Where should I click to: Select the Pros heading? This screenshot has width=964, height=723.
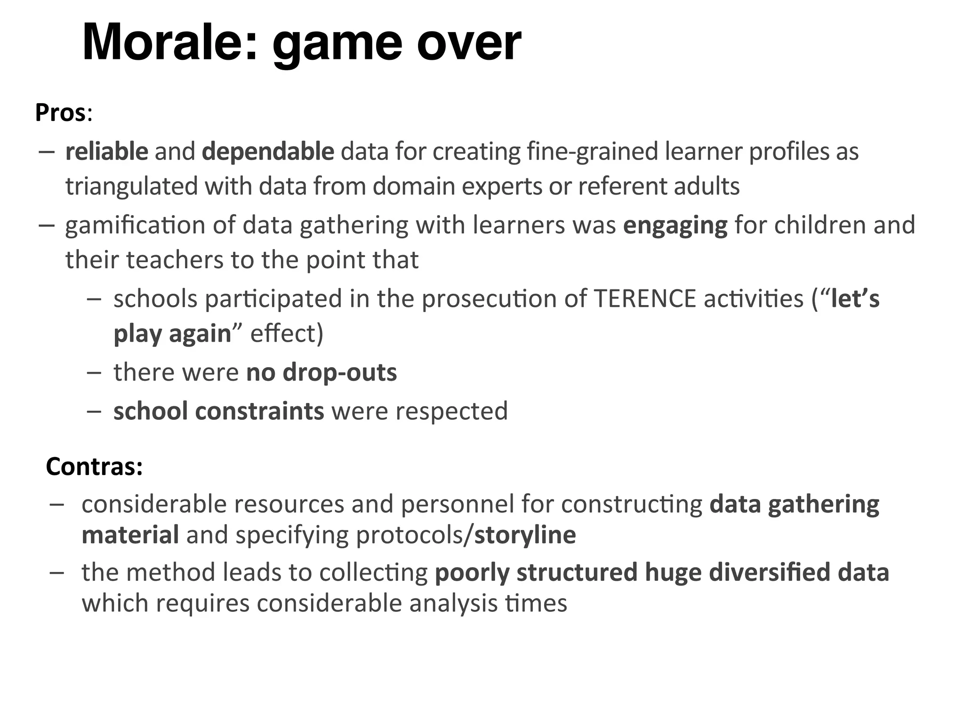coord(61,113)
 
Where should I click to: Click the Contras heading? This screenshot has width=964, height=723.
coord(94,466)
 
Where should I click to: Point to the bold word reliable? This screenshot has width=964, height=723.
coord(107,152)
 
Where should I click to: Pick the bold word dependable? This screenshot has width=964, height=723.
coord(268,152)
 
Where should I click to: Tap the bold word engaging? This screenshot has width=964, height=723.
coord(675,225)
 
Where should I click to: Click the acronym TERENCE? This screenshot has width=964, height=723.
coord(645,299)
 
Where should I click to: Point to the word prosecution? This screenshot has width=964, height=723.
coord(489,299)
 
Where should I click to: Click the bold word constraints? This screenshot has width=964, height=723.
coord(259,411)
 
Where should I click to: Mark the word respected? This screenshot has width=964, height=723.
coord(451,411)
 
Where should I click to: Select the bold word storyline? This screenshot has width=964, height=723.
coord(525,535)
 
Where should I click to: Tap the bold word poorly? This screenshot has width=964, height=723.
coord(472,573)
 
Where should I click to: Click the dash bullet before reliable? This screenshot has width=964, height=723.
coord(47,152)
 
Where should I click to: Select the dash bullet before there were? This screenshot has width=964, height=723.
coord(94,372)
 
